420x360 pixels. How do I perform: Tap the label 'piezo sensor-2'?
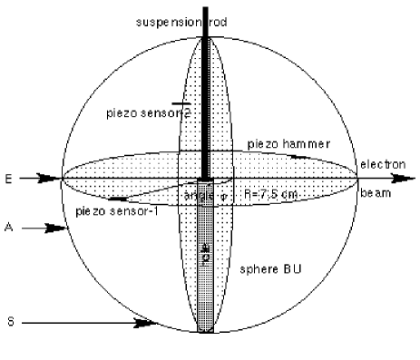tap(150, 112)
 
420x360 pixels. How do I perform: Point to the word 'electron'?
tap(379, 164)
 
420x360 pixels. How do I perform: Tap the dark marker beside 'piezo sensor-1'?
tap(118, 198)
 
